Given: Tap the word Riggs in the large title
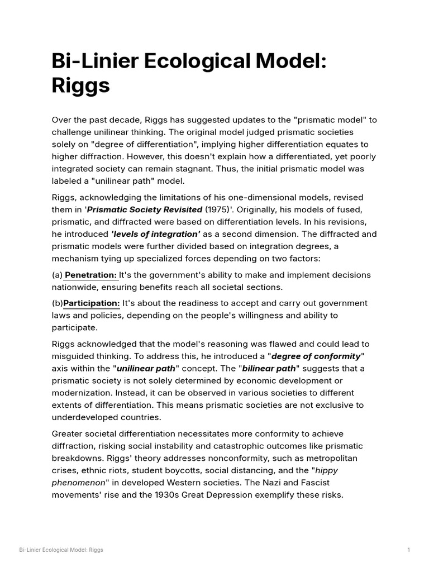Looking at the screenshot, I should (x=80, y=86).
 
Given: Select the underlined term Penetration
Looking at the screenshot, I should (x=91, y=275).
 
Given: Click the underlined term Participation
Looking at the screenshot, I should (x=92, y=303).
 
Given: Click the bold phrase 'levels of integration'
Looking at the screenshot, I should (x=155, y=234).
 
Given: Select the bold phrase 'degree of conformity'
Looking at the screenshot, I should (x=316, y=356).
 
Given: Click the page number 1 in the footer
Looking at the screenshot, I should (x=409, y=550).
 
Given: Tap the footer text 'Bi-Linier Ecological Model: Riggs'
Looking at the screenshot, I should (x=61, y=550).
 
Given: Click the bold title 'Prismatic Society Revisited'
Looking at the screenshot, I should (x=145, y=209).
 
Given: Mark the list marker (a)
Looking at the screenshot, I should (x=57, y=275).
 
